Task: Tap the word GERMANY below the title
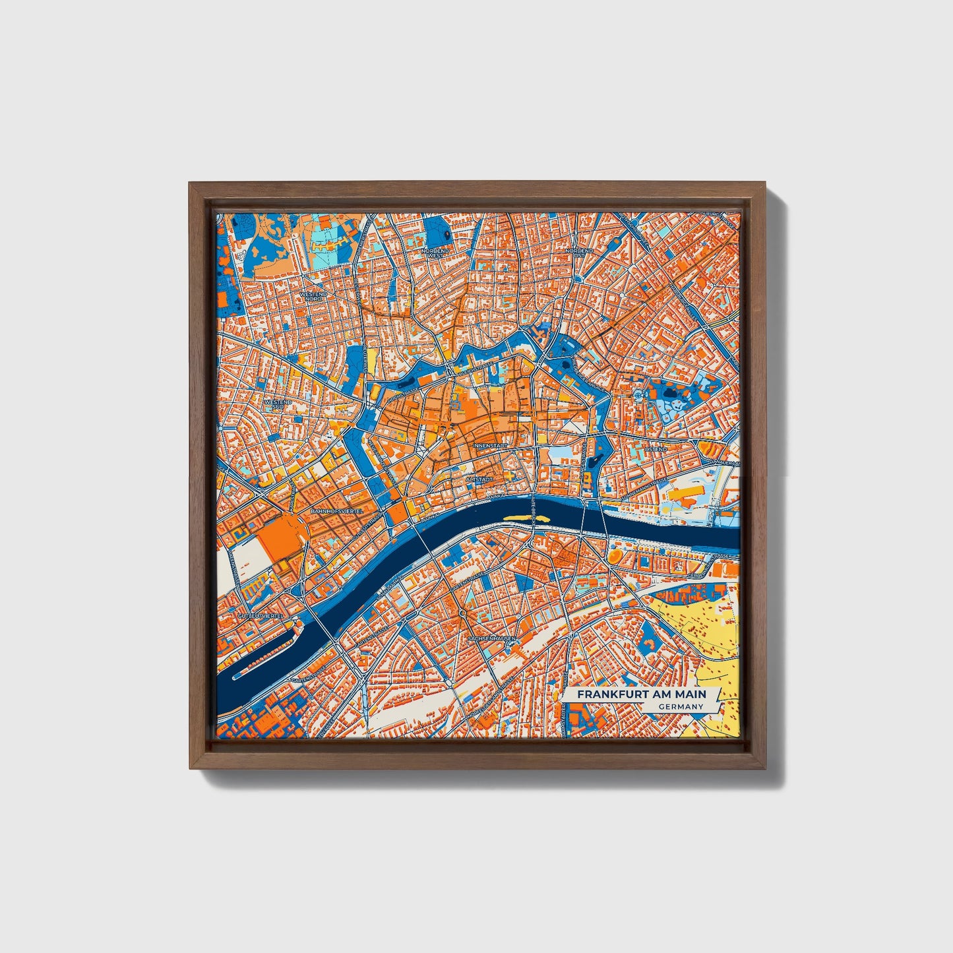point(680,706)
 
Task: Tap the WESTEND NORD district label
point(313,296)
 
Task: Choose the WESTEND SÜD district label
point(277,404)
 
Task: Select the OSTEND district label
point(656,449)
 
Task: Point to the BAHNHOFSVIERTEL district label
point(336,511)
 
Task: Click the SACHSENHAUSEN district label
point(491,639)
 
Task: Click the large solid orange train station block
point(280,537)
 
